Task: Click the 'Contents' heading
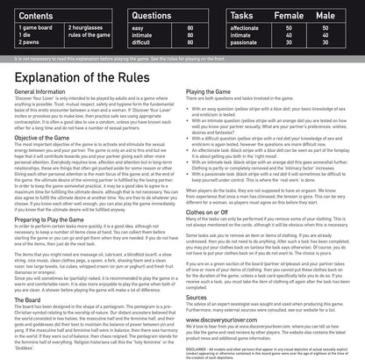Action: tap(29, 15)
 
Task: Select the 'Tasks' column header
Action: tap(243, 15)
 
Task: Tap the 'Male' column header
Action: tap(334, 15)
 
